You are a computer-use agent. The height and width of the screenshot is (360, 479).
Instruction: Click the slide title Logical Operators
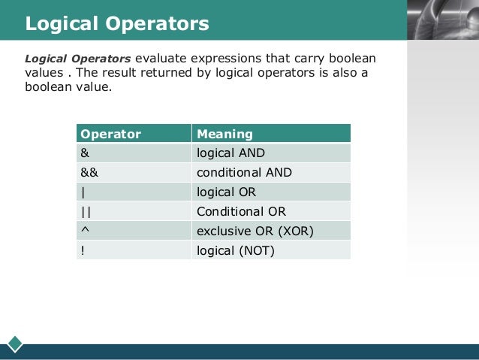click(x=117, y=24)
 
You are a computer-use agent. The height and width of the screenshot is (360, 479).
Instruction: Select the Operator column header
click(x=110, y=134)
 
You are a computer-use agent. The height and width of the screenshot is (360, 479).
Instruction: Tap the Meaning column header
click(x=224, y=134)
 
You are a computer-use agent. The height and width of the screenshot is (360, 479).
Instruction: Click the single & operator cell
click(x=85, y=153)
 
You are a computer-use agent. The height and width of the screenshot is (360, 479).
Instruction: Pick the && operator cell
click(x=89, y=173)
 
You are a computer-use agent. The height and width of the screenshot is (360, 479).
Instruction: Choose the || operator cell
click(x=86, y=212)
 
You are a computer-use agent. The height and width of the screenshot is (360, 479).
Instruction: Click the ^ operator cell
click(x=84, y=231)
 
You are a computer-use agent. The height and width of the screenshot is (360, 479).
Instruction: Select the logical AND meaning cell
click(x=230, y=153)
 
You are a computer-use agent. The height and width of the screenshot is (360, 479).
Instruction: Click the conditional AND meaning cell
click(x=244, y=173)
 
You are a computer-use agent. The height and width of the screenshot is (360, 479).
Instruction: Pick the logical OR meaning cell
click(x=226, y=192)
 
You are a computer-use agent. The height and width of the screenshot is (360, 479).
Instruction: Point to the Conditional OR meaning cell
click(x=241, y=212)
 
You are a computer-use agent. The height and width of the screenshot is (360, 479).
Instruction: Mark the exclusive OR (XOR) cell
click(x=255, y=231)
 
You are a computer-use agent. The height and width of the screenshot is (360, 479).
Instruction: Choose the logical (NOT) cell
click(x=236, y=250)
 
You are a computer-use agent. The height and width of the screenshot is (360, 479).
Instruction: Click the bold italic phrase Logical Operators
click(x=78, y=59)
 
